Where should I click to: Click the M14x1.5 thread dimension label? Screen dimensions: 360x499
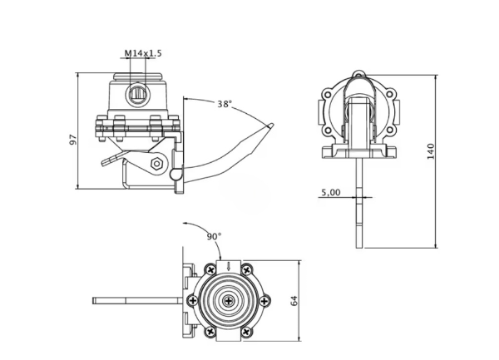pos(143,53)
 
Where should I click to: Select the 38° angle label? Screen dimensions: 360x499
pos(224,104)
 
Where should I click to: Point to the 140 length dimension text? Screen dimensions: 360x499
pos(430,152)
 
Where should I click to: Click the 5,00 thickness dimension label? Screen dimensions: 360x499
pos(329,192)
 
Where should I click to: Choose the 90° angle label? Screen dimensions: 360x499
pos(214,236)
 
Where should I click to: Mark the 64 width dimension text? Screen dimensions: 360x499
pos(293,301)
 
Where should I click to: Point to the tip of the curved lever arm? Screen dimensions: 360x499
pos(271,126)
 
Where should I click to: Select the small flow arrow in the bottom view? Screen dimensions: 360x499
pos(217,267)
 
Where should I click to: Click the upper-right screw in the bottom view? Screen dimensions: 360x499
pos(247,269)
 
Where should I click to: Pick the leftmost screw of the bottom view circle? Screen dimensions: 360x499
pos(192,301)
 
